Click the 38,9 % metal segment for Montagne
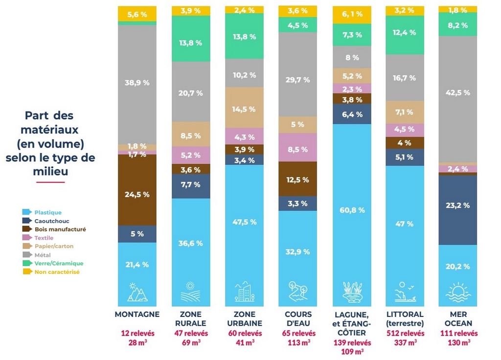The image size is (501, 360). click(137, 84)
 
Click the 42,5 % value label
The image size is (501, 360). click(458, 92)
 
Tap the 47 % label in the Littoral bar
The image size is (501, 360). click(405, 224)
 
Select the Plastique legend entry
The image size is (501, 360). click(47, 213)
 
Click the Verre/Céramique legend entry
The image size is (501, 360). click(59, 263)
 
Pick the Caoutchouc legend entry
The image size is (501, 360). click(51, 221)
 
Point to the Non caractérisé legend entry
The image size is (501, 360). click(57, 271)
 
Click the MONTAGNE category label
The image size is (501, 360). click(137, 315)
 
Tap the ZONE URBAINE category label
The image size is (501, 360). click(244, 318)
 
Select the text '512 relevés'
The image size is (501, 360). click(405, 334)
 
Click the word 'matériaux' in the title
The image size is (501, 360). click(50, 130)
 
